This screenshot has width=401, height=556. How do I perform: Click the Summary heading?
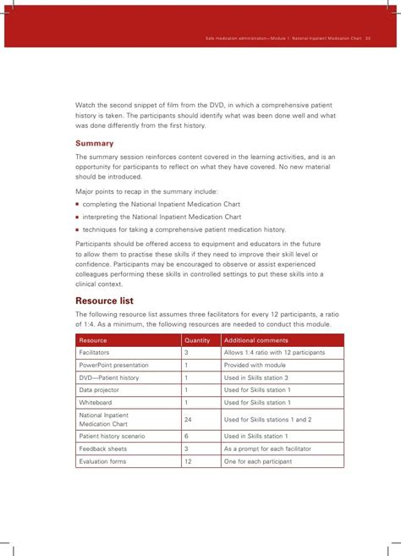[x=95, y=143]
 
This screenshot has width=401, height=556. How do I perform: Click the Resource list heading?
[x=104, y=300]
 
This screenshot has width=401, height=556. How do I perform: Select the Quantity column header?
[x=197, y=340]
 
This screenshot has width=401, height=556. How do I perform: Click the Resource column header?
[x=93, y=340]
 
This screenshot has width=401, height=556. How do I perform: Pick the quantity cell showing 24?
[x=189, y=420]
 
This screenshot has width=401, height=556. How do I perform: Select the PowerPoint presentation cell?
[x=113, y=366]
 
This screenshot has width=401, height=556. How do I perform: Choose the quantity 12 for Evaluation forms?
[x=189, y=462]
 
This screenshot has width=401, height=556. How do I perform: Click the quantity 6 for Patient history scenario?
[x=186, y=437]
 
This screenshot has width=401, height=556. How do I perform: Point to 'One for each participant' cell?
[x=258, y=462]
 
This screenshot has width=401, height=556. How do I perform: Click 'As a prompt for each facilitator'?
[x=271, y=449]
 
